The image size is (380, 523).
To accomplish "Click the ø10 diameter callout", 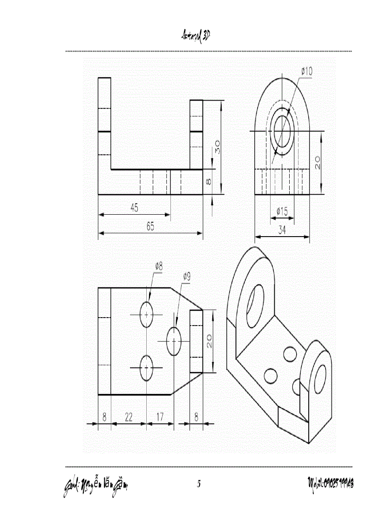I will pos(307,71).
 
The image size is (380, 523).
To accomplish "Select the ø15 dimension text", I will pos(282,212).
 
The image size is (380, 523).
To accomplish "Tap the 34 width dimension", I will pos(282,230).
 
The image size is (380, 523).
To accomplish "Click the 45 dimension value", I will pos(134,208).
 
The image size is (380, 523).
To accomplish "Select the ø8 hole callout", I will pos(159,266).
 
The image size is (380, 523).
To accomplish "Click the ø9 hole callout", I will pos(186,276).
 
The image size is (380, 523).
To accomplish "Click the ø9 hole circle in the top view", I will pos(174,341).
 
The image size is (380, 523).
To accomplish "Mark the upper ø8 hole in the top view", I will pos(147,315).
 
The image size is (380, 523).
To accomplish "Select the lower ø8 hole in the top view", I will pos(147,368).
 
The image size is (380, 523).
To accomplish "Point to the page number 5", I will pos(199,484).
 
